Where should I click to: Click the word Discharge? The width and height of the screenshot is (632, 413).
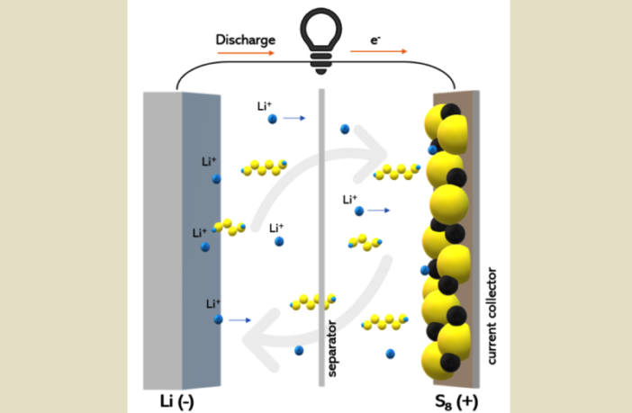pyautogui.click(x=244, y=40)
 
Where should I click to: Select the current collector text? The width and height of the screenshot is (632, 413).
pyautogui.click(x=492, y=315)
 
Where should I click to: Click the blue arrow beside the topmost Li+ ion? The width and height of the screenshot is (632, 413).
pyautogui.click(x=293, y=118)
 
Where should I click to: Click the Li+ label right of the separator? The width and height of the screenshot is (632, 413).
pyautogui.click(x=350, y=199)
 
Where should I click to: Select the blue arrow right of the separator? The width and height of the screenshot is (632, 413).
pyautogui.click(x=379, y=211)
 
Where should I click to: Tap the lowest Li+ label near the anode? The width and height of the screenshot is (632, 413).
pyautogui.click(x=213, y=304)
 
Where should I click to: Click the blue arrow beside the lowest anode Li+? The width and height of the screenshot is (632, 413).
pyautogui.click(x=239, y=319)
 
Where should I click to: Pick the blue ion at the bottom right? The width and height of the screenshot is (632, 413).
pyautogui.click(x=390, y=353)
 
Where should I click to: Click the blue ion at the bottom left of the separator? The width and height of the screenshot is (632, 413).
pyautogui.click(x=298, y=350)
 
